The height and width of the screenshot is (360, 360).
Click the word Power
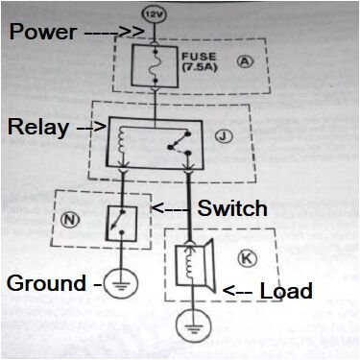(44, 32)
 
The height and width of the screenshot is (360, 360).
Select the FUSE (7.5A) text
(199, 65)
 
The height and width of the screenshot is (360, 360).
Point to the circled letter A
(245, 61)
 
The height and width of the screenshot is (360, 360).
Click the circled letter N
(69, 217)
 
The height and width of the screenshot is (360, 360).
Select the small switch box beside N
(121, 223)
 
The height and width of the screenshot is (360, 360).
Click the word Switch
(231, 208)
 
